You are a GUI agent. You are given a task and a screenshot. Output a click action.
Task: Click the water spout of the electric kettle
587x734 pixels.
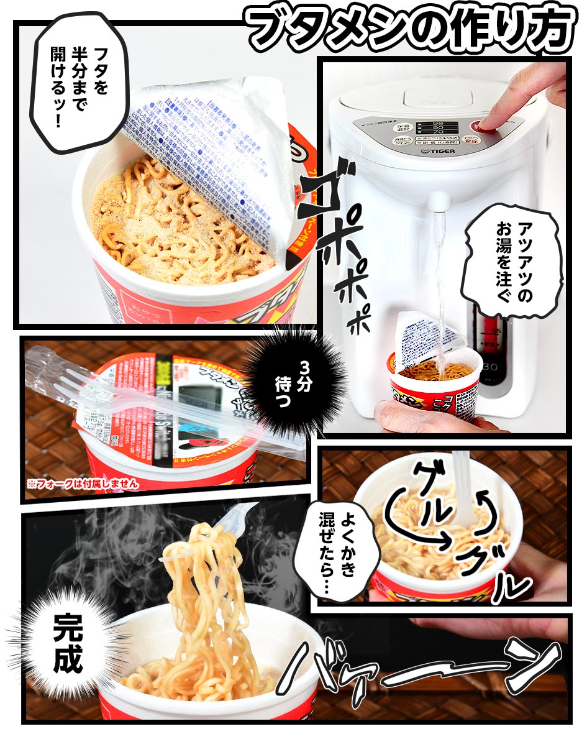coord(440,201)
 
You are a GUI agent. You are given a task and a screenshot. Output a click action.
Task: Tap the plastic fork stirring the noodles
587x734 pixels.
coord(462,491)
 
